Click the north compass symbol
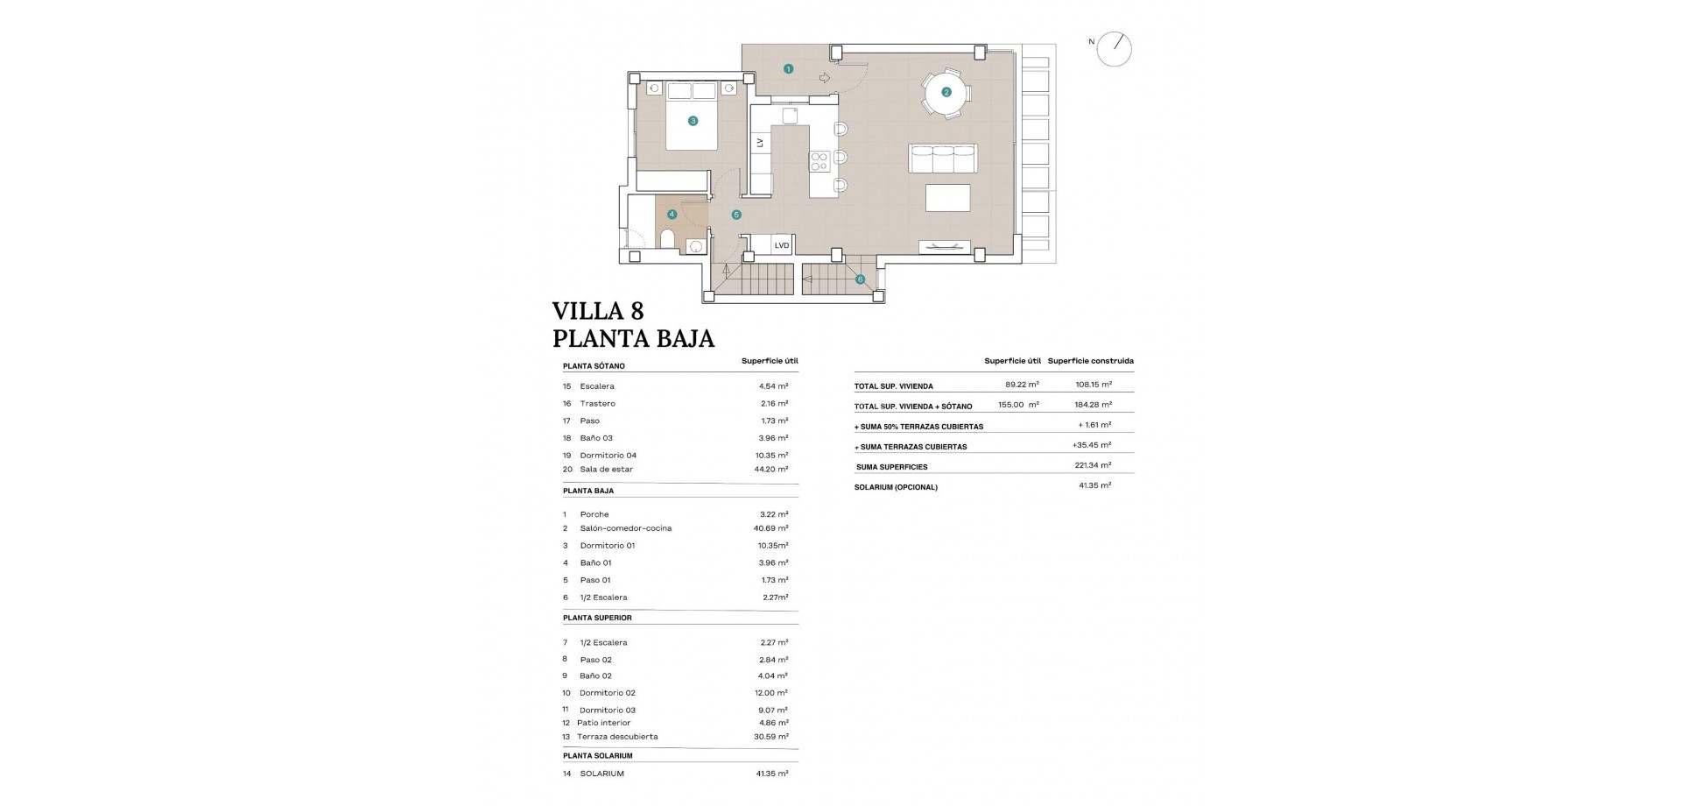pyautogui.click(x=1115, y=49)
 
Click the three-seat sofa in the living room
pyautogui.click(x=944, y=159)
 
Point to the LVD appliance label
pyautogui.click(x=782, y=245)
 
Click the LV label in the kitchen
pyautogui.click(x=760, y=142)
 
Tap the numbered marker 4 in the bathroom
pyautogui.click(x=672, y=214)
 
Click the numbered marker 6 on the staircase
pyautogui.click(x=860, y=279)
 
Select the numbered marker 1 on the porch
pyautogui.click(x=788, y=68)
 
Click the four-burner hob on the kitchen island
pyautogui.click(x=819, y=160)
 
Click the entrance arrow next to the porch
pyautogui.click(x=824, y=78)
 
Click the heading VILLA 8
pyautogui.click(x=598, y=311)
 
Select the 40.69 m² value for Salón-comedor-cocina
pyautogui.click(x=771, y=528)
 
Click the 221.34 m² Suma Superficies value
pyautogui.click(x=1093, y=466)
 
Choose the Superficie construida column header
pyautogui.click(x=1090, y=361)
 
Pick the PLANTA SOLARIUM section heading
pyautogui.click(x=597, y=755)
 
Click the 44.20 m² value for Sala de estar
pyautogui.click(x=771, y=470)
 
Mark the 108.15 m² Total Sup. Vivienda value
pyautogui.click(x=1094, y=385)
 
